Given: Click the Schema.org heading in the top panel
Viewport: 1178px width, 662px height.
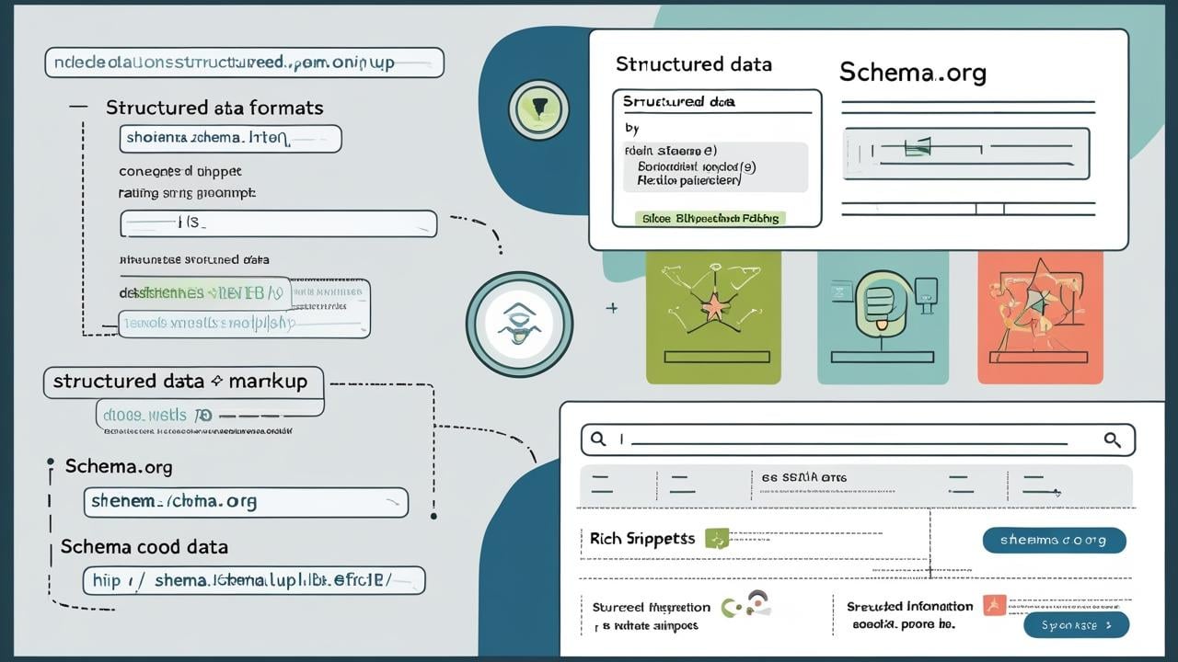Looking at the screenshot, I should coord(912,74).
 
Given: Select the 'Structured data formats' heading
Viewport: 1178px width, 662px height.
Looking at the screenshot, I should coord(214,108).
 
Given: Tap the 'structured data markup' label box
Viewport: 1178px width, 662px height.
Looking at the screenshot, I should coord(183,382).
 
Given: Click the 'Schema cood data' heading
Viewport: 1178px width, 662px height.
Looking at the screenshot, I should coord(144,547).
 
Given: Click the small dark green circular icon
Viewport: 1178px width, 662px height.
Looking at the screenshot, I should coord(538,109).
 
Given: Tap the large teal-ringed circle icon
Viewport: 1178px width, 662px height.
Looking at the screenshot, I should coord(519,324).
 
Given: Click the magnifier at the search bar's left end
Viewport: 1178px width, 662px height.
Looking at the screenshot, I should coord(598,439).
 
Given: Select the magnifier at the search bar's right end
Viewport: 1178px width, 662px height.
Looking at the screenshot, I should coord(1112,439).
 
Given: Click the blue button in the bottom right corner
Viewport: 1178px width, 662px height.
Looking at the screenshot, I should coord(1076,625).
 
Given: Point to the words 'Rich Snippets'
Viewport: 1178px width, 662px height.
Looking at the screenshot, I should coord(642,539).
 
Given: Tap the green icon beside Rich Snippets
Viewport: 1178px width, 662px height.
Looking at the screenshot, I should coord(716,539).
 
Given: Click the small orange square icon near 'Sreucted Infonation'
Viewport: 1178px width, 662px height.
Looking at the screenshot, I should coord(993,605).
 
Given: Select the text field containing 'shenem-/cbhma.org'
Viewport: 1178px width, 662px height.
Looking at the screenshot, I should coord(245,502).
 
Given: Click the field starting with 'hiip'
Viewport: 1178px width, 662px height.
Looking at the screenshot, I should coord(253,580).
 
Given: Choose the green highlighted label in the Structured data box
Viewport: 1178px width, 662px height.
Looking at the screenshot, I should coord(710,218).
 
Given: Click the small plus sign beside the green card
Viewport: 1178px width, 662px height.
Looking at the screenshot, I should coord(611,308).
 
